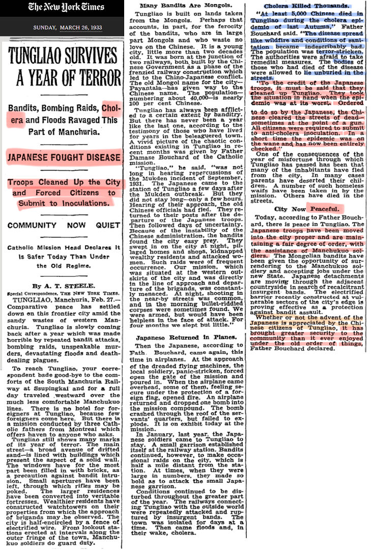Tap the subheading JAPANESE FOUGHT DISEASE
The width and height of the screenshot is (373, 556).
63,157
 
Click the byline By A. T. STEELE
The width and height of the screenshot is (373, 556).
63,286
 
